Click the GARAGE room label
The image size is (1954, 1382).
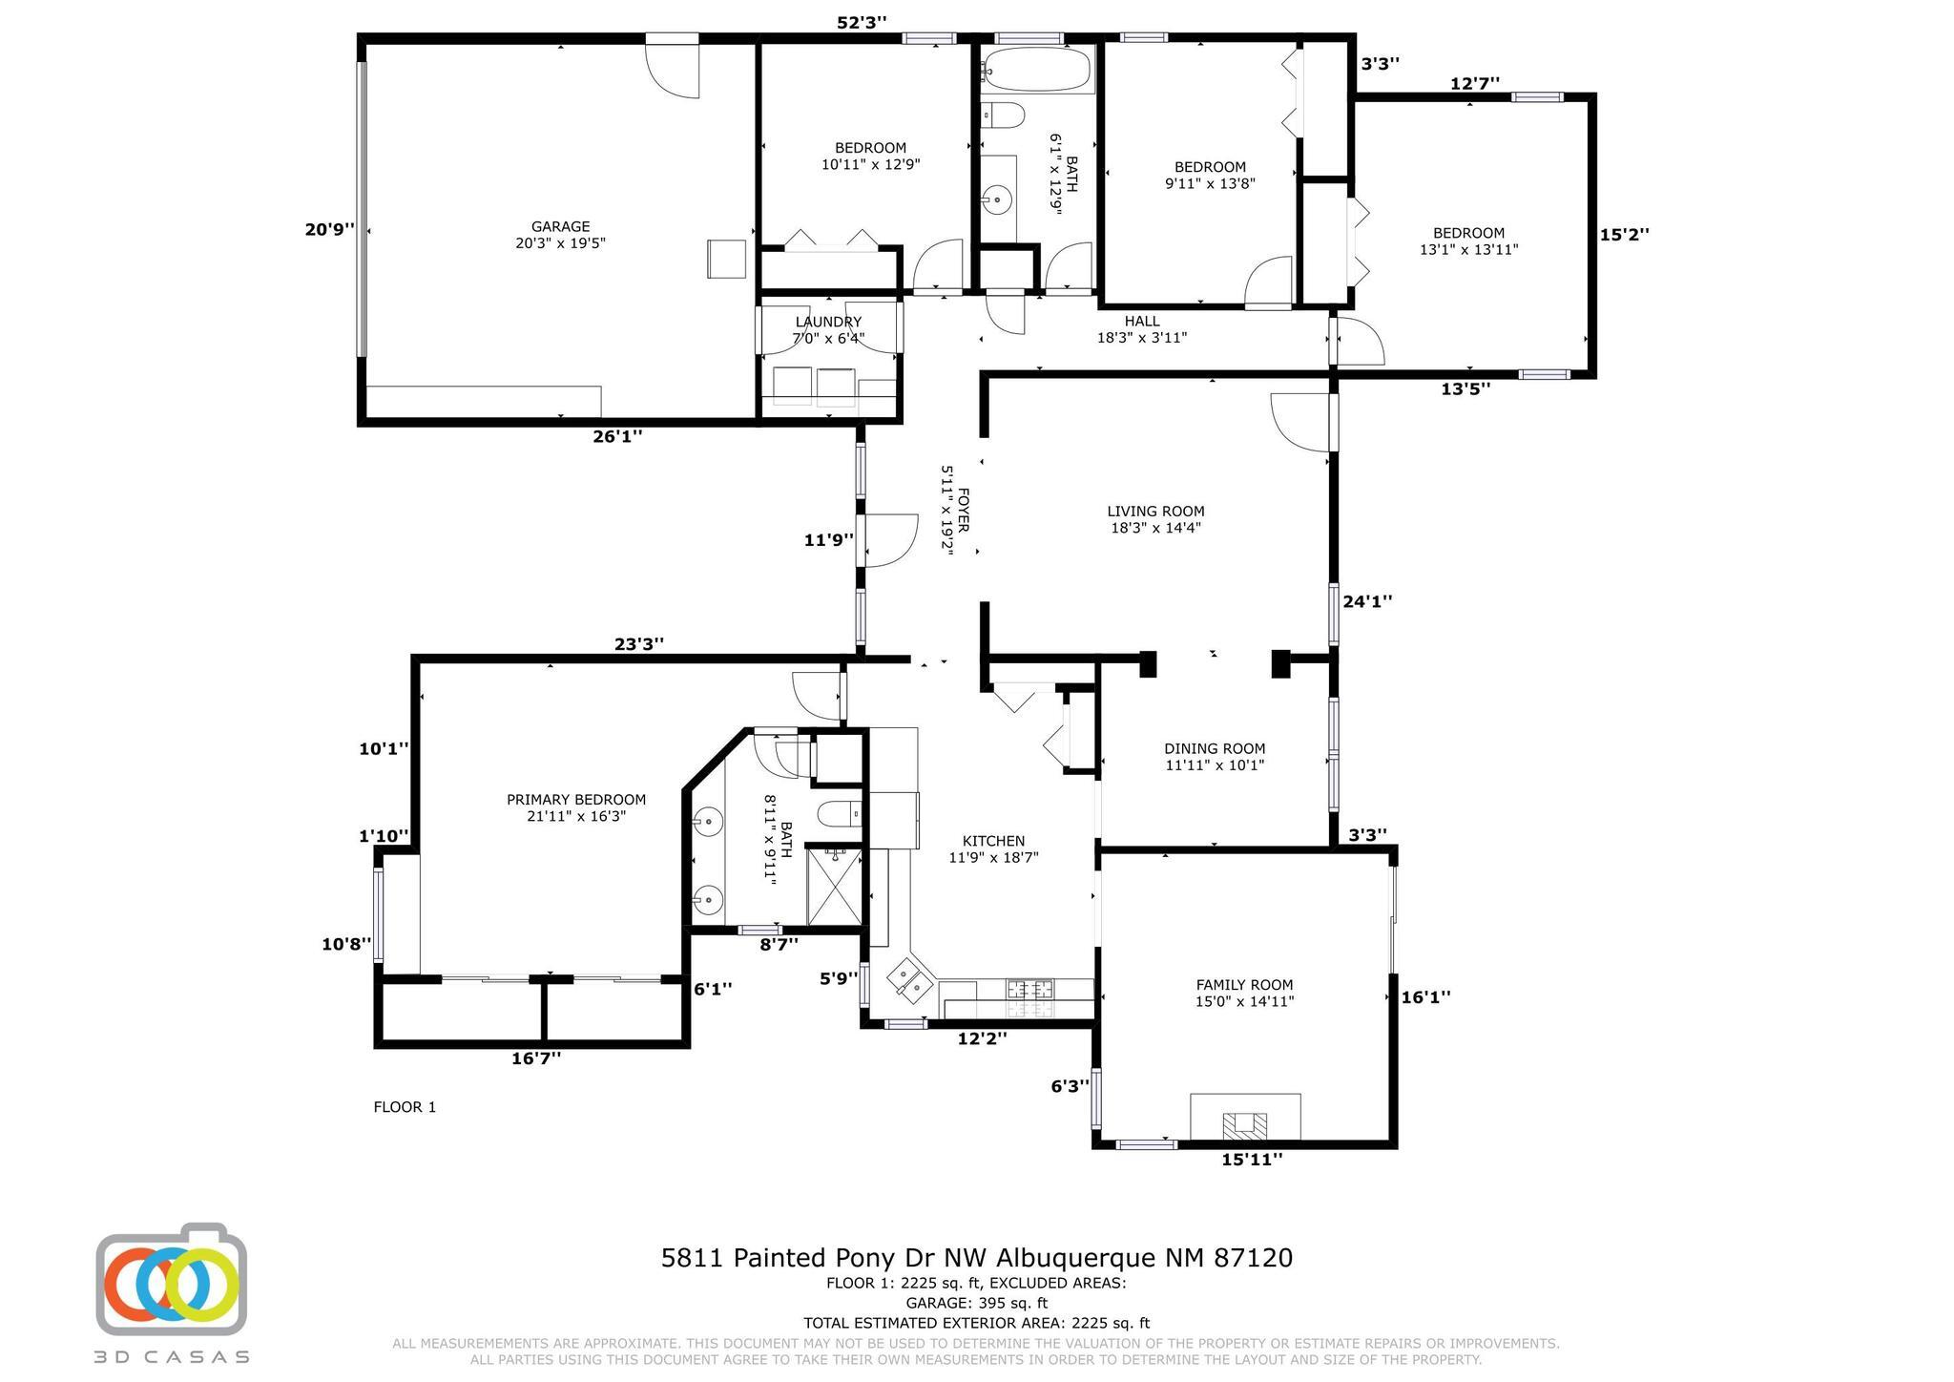click(x=560, y=227)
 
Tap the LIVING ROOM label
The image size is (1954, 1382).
click(x=1155, y=512)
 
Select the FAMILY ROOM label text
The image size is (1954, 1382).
click(x=1244, y=985)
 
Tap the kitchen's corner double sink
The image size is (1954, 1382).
click(x=908, y=980)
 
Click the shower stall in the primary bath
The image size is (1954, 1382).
click(x=834, y=885)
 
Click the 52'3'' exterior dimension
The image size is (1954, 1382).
click(x=862, y=23)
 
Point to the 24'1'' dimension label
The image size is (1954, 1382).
click(x=1367, y=601)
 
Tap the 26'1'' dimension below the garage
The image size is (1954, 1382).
click(x=617, y=436)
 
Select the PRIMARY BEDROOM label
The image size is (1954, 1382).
click(x=576, y=800)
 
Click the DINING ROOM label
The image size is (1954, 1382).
click(x=1215, y=749)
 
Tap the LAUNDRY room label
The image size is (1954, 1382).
click(x=828, y=323)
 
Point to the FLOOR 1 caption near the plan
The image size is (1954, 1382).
click(x=405, y=1107)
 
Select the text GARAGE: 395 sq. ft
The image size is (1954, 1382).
click(x=977, y=1303)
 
